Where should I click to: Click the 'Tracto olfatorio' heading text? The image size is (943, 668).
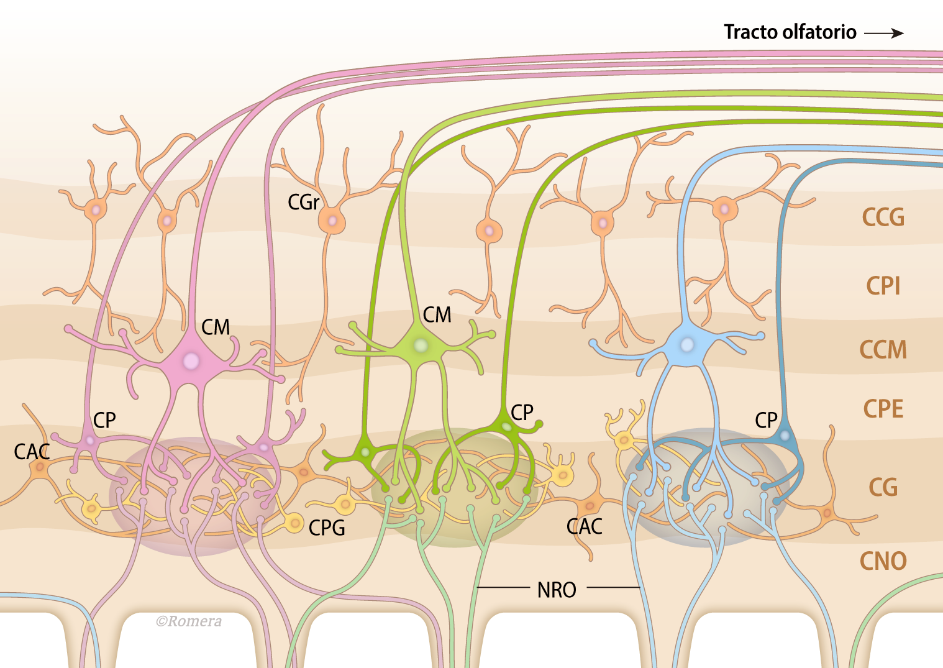pos(790,32)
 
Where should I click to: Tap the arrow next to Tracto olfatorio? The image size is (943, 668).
pos(884,33)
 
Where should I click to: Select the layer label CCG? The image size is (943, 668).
pos(883,217)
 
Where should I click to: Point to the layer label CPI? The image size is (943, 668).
pos(883,285)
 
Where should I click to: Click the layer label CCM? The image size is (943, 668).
pos(883,349)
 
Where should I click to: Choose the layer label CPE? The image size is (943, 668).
pos(883,409)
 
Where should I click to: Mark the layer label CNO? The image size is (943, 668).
pos(883,560)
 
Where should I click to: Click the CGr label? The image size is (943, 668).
pos(303,202)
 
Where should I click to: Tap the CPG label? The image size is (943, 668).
pos(327,528)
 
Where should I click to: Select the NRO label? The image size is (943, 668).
pos(557,589)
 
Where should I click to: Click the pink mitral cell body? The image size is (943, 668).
pos(191,361)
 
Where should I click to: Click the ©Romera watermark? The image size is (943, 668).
pos(189,621)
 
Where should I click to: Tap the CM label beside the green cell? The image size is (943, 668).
pos(437,314)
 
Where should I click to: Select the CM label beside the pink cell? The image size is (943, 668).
pos(216,327)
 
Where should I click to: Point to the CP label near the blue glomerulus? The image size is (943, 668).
pos(766,420)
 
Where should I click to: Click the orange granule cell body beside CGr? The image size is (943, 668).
pos(332,221)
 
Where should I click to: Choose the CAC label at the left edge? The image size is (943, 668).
pos(32,452)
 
